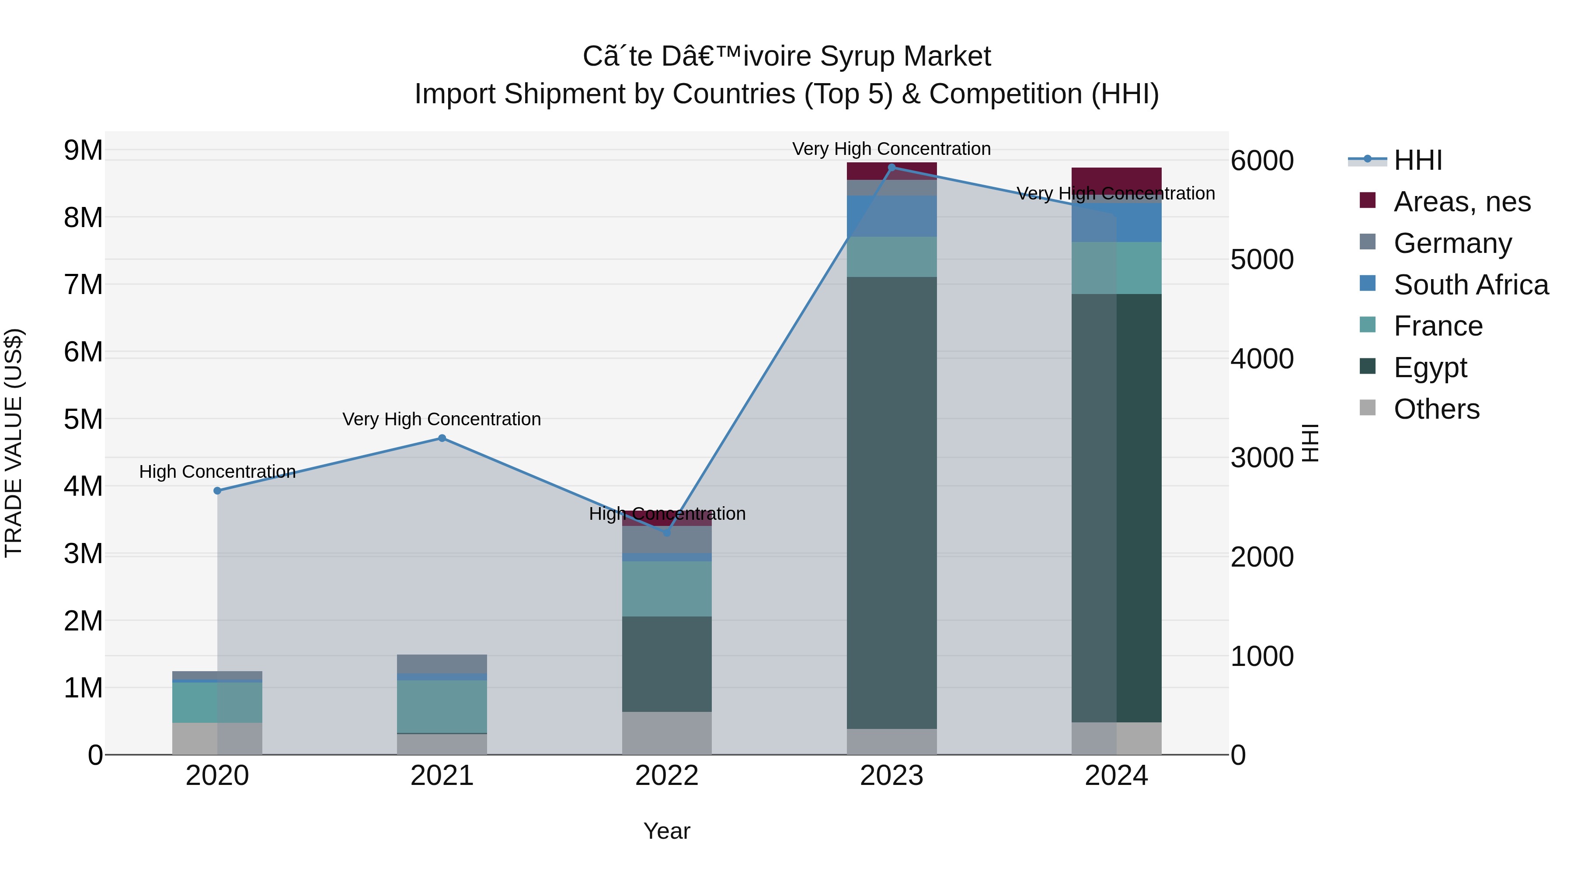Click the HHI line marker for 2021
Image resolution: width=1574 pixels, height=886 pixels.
point(442,438)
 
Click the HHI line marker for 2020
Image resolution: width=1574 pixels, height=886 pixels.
point(218,490)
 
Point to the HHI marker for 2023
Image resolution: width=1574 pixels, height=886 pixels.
point(891,167)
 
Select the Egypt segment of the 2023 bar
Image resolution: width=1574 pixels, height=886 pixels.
point(891,501)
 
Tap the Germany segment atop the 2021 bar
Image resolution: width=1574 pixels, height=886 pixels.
point(442,663)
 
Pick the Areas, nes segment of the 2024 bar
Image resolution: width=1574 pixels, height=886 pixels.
point(1116,179)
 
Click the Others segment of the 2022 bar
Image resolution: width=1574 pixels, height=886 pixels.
point(667,732)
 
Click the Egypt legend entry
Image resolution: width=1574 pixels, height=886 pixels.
point(1430,368)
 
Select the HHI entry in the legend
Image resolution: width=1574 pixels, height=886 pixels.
point(1417,160)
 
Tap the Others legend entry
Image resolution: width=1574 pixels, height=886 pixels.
point(1436,409)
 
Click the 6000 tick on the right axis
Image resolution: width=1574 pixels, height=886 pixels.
point(1262,161)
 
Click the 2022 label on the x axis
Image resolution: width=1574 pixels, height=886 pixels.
point(667,776)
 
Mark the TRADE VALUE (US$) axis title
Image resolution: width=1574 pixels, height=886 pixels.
point(14,443)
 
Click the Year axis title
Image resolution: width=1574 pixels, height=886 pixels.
point(667,831)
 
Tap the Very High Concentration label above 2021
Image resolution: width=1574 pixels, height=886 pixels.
point(441,420)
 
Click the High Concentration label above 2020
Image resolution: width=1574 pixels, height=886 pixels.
point(218,471)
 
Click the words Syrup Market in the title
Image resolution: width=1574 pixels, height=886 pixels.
point(904,57)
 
